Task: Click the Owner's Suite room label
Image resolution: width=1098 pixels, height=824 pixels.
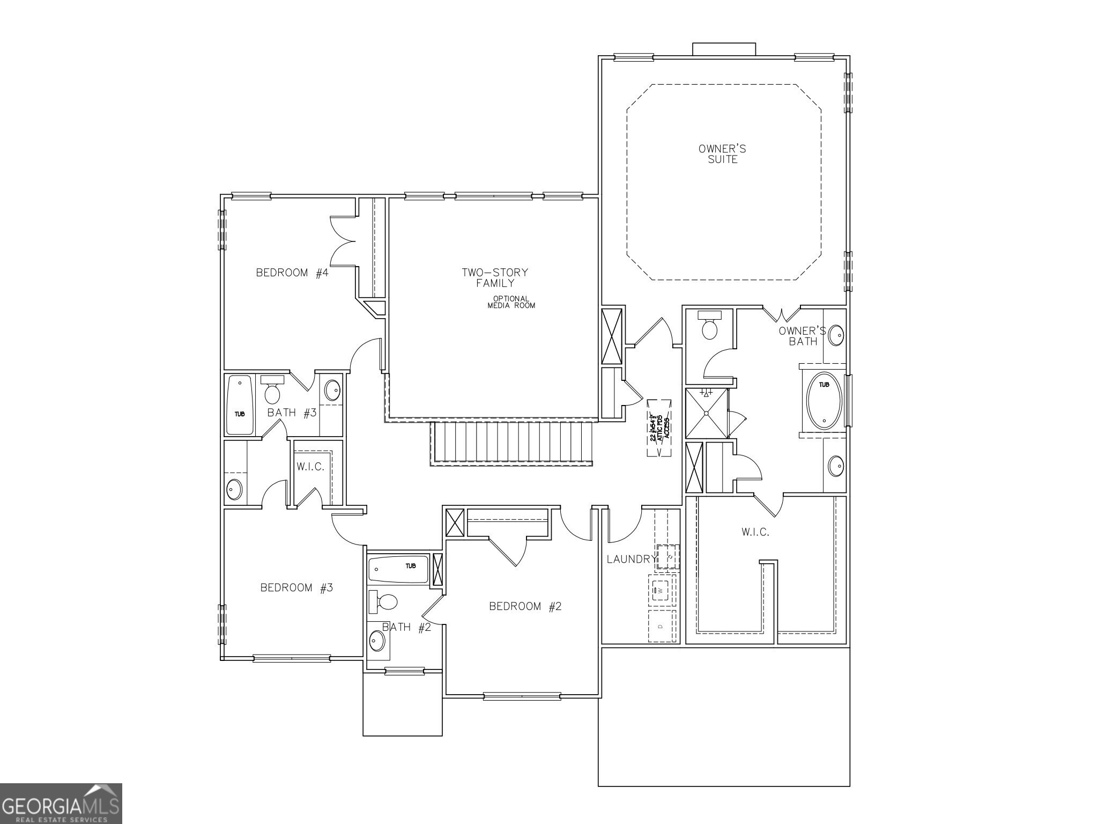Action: pos(722,154)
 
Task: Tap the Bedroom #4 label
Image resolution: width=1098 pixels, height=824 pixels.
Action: pos(292,273)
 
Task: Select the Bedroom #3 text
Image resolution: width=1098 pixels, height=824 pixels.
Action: pos(296,588)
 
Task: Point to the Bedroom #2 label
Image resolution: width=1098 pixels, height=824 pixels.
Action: pos(525,607)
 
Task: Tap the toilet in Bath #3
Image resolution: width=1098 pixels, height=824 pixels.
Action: pos(272,391)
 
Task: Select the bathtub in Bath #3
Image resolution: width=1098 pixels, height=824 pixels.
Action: pos(240,405)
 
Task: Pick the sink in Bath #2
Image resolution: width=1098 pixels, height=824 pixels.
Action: pos(377,641)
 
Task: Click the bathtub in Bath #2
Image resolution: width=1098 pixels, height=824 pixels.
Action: pos(399,569)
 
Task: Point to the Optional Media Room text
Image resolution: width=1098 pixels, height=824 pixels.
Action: pos(511,302)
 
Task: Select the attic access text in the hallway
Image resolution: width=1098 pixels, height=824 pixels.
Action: pos(659,428)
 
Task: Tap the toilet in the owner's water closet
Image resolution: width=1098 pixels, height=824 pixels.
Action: pos(709,327)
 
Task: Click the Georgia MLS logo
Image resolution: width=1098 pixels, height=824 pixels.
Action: pos(61,804)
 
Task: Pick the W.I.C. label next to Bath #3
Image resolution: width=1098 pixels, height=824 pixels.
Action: pos(310,467)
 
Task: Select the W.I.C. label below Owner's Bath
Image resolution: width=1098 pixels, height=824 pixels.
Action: pos(755,532)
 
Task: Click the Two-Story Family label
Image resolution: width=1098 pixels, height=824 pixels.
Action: pos(495,277)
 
